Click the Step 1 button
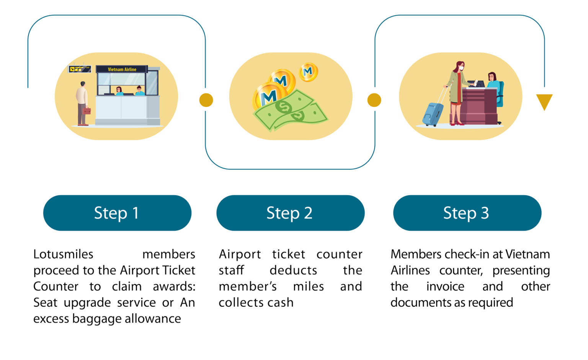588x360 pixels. pyautogui.click(x=117, y=213)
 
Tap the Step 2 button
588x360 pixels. pyautogui.click(x=290, y=213)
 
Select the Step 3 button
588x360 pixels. pyautogui.click(x=467, y=213)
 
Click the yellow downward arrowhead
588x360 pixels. pyautogui.click(x=544, y=101)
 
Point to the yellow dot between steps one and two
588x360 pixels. pyautogui.click(x=206, y=100)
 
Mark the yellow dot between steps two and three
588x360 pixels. pyautogui.click(x=374, y=100)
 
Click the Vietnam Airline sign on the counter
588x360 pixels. pyautogui.click(x=122, y=69)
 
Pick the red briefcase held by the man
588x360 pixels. pyautogui.click(x=87, y=111)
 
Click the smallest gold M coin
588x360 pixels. pyautogui.click(x=308, y=72)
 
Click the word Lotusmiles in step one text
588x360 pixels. pyautogui.click(x=64, y=254)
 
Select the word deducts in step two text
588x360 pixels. pyautogui.click(x=293, y=270)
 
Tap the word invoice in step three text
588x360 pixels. pyautogui.click(x=445, y=287)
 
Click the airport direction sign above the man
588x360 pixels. pyautogui.click(x=80, y=69)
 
